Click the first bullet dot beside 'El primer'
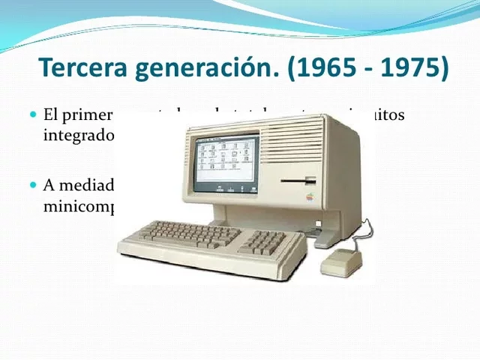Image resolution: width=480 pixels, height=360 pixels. (33, 115)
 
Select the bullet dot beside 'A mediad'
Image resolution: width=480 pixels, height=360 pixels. (33, 184)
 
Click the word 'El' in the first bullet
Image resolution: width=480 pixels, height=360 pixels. (51, 115)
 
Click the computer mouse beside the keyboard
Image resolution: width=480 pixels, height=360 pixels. (342, 262)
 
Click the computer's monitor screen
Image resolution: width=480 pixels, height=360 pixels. (225, 162)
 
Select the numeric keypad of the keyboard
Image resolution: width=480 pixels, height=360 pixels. (267, 241)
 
